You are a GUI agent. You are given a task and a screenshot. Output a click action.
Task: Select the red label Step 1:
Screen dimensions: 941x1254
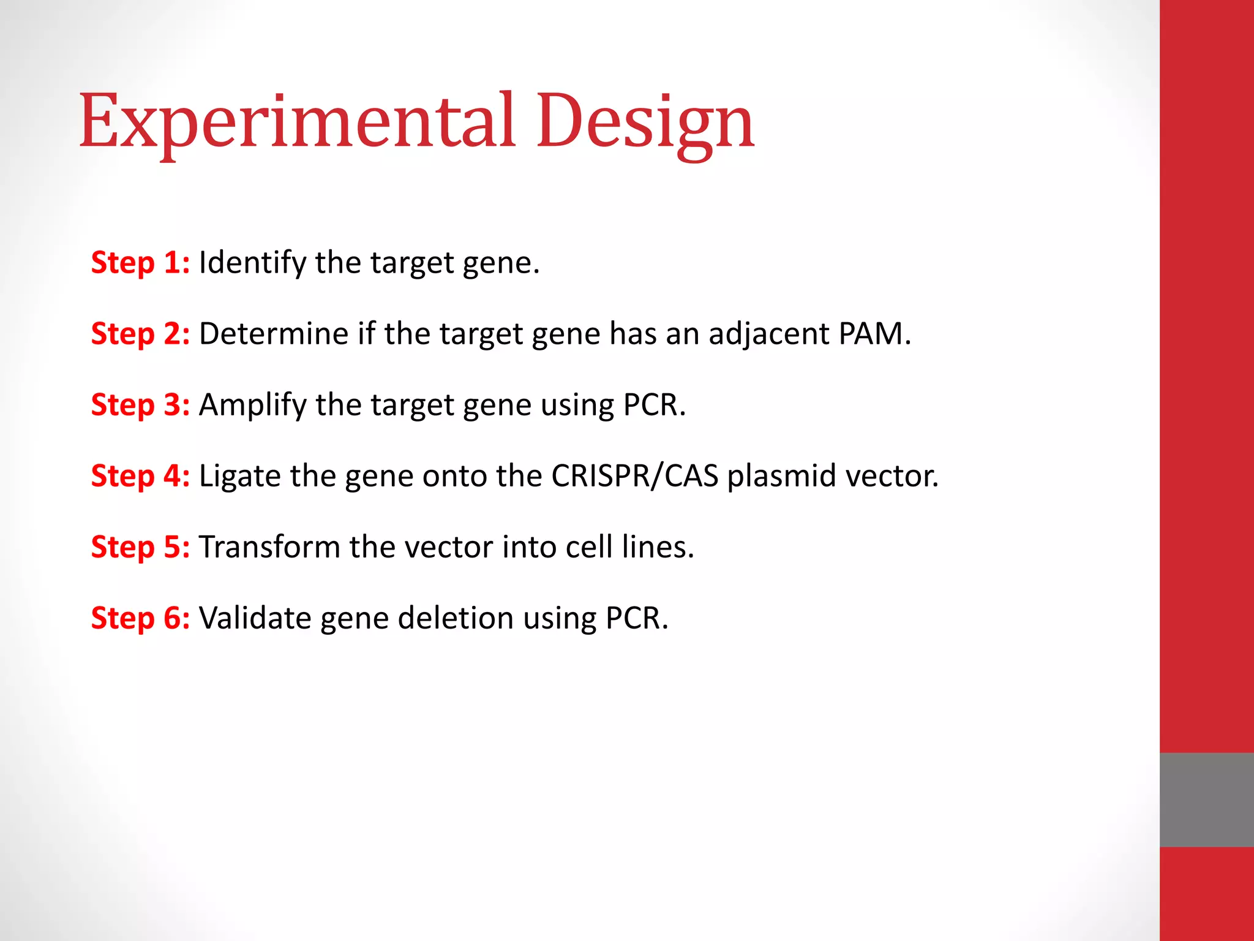(x=140, y=263)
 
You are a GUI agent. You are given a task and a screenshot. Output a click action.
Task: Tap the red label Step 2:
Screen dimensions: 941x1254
(x=140, y=334)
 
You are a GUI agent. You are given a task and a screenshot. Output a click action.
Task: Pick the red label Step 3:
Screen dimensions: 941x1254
(x=140, y=405)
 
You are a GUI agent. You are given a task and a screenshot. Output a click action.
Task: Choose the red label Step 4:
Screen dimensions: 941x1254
(x=140, y=476)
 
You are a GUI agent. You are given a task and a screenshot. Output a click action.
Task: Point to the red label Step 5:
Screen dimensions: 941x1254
(x=140, y=547)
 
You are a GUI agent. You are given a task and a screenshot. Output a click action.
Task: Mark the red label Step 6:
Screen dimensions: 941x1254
(x=140, y=618)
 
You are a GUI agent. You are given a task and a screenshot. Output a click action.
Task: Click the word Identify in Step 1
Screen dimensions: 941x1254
(x=252, y=263)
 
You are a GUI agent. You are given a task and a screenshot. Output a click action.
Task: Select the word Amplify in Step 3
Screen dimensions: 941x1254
(x=252, y=405)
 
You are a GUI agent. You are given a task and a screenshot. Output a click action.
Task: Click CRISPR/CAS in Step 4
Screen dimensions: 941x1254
(x=634, y=476)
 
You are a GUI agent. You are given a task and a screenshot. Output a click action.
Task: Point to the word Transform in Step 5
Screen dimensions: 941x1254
(x=269, y=547)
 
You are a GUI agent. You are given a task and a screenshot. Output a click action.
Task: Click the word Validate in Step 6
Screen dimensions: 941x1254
(x=255, y=618)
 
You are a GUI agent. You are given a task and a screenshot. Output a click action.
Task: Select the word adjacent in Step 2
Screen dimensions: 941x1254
(x=768, y=334)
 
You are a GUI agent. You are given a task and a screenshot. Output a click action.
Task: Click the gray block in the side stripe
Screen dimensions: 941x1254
(x=1206, y=799)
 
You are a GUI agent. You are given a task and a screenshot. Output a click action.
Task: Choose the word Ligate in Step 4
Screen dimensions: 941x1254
(x=239, y=476)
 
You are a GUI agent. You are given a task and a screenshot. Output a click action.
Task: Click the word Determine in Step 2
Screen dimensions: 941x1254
(x=274, y=334)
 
